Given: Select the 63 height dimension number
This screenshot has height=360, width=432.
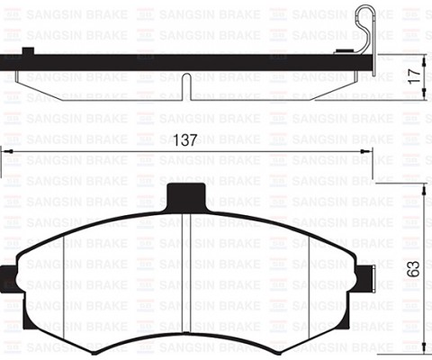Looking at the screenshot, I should click(x=412, y=268).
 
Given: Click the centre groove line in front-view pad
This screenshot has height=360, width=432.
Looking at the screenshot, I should click(x=184, y=270).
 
